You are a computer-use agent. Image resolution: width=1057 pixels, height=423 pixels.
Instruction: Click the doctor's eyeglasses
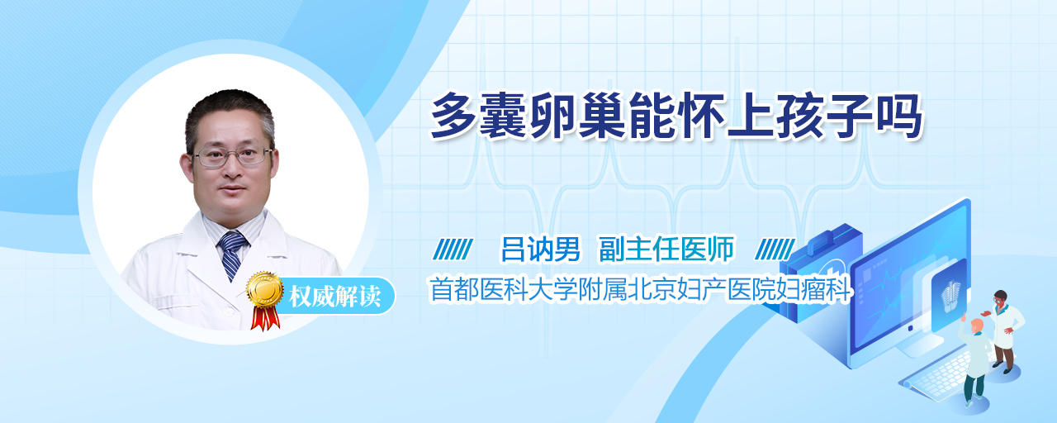(x=232, y=157)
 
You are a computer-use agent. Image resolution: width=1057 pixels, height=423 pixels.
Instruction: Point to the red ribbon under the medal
(x=265, y=316)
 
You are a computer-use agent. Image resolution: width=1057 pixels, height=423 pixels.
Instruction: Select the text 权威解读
(x=335, y=296)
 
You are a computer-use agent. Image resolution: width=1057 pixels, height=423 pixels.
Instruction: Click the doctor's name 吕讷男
(x=540, y=250)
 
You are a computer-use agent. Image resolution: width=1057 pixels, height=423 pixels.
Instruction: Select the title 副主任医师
(x=666, y=250)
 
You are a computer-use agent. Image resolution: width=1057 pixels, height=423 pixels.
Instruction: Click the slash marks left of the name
(x=453, y=250)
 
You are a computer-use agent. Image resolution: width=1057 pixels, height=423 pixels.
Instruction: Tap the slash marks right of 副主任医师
(x=775, y=250)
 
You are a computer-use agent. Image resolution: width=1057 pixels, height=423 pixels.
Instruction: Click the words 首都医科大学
(x=503, y=289)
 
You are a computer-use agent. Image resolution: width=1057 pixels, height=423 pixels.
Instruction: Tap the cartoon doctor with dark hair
(x=1004, y=330)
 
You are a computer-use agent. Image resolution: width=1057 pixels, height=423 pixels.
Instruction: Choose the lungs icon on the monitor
(x=950, y=296)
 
